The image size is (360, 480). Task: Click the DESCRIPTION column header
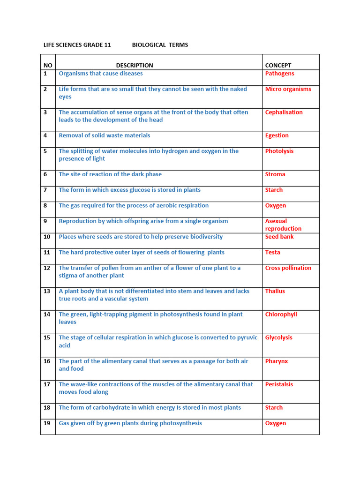click(135, 66)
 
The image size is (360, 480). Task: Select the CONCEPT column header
click(278, 66)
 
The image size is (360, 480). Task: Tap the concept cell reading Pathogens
click(279, 74)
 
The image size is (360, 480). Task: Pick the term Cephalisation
click(284, 112)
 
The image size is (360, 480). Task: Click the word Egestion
click(277, 135)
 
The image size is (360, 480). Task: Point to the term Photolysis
click(279, 151)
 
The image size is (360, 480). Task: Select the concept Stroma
click(275, 174)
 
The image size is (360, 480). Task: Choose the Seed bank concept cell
click(279, 237)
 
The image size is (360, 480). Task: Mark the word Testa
click(272, 252)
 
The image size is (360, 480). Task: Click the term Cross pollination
click(288, 268)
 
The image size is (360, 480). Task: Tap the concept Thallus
click(275, 291)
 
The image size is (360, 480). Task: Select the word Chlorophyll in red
click(281, 315)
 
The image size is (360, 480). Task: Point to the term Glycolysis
click(278, 337)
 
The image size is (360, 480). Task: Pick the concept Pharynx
click(276, 361)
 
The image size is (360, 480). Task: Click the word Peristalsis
click(279, 384)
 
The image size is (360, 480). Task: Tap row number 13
click(47, 291)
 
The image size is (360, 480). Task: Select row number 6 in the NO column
click(45, 174)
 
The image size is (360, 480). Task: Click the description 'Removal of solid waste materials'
click(105, 135)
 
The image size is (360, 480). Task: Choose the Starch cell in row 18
click(274, 408)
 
